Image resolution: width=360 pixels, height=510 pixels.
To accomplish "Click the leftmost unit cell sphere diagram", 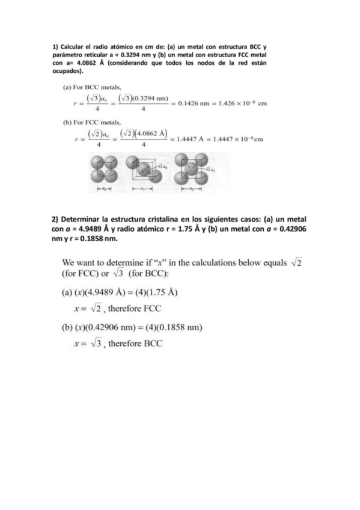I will tap(109, 169).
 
